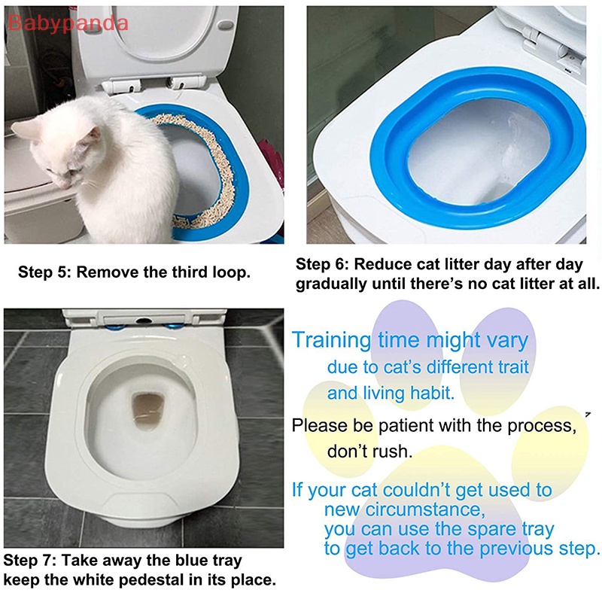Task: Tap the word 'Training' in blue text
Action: (x=332, y=340)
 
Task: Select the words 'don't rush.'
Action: (x=369, y=452)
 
